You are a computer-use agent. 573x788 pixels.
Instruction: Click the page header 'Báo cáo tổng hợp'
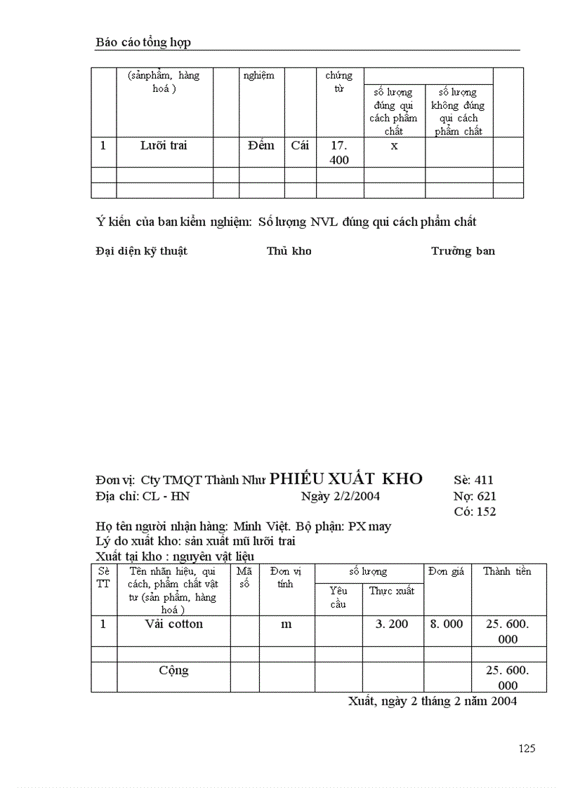tap(143, 42)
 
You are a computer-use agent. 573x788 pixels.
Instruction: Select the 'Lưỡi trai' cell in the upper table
tap(164, 146)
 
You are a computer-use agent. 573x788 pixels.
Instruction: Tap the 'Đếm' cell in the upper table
tap(261, 146)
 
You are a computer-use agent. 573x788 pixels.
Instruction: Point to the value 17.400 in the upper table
tap(339, 152)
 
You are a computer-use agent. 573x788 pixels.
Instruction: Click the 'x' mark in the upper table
tap(394, 146)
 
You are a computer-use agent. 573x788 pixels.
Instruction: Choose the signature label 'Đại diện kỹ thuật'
tap(141, 251)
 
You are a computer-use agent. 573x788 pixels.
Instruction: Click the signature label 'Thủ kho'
tap(289, 251)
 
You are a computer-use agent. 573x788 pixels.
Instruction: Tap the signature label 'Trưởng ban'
tap(463, 251)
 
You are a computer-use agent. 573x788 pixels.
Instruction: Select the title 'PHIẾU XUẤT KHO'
tap(346, 479)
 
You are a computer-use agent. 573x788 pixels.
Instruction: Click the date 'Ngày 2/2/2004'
tap(341, 496)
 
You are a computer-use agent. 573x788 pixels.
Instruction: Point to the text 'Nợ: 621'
tap(475, 496)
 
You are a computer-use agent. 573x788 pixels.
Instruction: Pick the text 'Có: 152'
tap(475, 512)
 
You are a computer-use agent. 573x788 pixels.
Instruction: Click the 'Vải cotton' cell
tap(173, 624)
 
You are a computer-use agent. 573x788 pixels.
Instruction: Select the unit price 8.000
tap(447, 624)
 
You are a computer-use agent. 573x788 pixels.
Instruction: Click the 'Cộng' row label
tap(173, 670)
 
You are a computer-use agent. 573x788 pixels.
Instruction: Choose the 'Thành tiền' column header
tap(507, 571)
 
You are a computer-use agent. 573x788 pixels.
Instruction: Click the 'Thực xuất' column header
tap(392, 591)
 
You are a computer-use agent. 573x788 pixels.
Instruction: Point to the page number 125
tap(527, 748)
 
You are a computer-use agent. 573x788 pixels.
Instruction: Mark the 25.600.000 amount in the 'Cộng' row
tap(507, 677)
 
